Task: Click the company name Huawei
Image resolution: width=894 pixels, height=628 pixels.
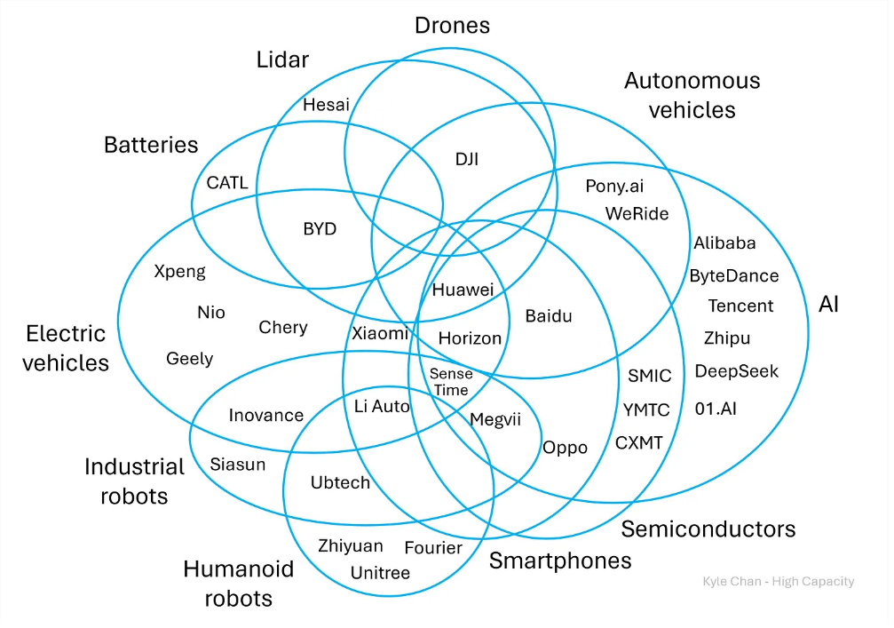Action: pyautogui.click(x=463, y=290)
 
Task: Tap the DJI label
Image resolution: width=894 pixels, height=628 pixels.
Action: pyautogui.click(x=466, y=159)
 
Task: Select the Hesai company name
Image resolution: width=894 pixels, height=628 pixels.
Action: pyautogui.click(x=326, y=105)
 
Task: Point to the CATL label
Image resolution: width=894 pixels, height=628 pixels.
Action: pyautogui.click(x=227, y=182)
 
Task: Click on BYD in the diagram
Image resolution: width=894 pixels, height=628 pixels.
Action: pyautogui.click(x=320, y=228)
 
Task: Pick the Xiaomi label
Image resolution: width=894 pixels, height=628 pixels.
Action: pyautogui.click(x=380, y=333)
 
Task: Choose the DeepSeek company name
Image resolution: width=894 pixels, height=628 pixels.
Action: pyautogui.click(x=736, y=371)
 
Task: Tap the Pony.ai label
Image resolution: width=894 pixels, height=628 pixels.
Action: pyautogui.click(x=614, y=187)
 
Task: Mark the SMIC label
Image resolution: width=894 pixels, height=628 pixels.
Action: pyautogui.click(x=649, y=376)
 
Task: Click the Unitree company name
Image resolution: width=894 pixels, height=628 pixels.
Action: pyautogui.click(x=380, y=573)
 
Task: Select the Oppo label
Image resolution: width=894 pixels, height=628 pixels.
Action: pyautogui.click(x=565, y=449)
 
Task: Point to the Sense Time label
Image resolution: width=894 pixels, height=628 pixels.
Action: pyautogui.click(x=451, y=382)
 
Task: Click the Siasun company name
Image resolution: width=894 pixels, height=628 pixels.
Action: pyautogui.click(x=237, y=465)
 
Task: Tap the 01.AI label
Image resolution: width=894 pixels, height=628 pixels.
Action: pyautogui.click(x=716, y=409)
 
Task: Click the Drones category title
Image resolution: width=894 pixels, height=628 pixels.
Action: pyautogui.click(x=452, y=26)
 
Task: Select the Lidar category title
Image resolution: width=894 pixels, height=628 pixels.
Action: pyautogui.click(x=282, y=60)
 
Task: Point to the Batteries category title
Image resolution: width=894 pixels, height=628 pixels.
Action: pyautogui.click(x=151, y=145)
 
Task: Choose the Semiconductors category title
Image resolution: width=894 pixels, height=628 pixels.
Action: pyautogui.click(x=708, y=529)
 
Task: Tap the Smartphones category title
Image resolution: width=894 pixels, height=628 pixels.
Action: pyautogui.click(x=560, y=561)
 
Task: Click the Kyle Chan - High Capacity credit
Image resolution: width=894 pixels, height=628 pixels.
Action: pyautogui.click(x=779, y=581)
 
